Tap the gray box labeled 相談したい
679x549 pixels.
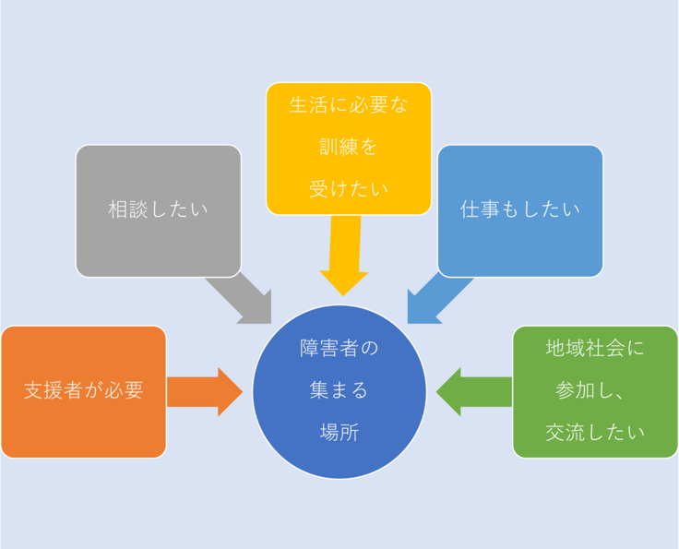[158, 209]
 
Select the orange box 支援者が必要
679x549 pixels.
[83, 390]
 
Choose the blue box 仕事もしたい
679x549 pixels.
[520, 209]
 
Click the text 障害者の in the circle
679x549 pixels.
[339, 349]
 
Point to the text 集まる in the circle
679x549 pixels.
[339, 390]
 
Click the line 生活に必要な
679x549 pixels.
[348, 104]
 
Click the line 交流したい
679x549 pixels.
[595, 431]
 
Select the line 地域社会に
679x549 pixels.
[595, 349]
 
